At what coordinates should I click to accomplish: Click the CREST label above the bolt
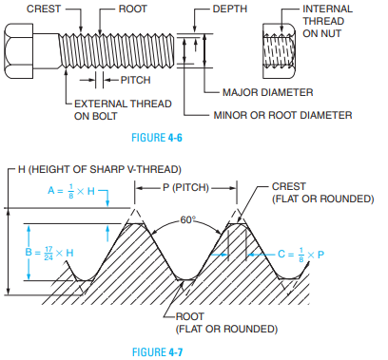pyautogui.click(x=44, y=9)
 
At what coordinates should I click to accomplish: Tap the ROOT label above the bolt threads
pyautogui.click(x=132, y=9)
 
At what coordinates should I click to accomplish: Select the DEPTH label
pyautogui.click(x=230, y=9)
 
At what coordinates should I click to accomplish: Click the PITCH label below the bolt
pyautogui.click(x=135, y=80)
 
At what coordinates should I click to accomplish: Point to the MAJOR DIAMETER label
pyautogui.click(x=268, y=92)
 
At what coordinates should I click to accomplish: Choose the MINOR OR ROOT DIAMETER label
pyautogui.click(x=282, y=115)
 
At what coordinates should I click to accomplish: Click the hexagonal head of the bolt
pyautogui.click(x=18, y=51)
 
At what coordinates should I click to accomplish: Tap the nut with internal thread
pyautogui.click(x=279, y=51)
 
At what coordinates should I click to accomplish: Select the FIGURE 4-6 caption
pyautogui.click(x=157, y=138)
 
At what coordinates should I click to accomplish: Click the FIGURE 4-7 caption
pyautogui.click(x=157, y=352)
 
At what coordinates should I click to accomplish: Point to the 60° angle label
pyautogui.click(x=187, y=219)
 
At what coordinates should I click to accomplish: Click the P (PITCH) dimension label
pyautogui.click(x=185, y=187)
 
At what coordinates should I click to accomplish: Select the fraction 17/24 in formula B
pyautogui.click(x=48, y=254)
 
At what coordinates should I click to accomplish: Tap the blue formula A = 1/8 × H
pyautogui.click(x=71, y=191)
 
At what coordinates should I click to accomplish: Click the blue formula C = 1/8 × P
pyautogui.click(x=301, y=255)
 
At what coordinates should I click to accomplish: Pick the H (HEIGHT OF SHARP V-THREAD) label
pyautogui.click(x=100, y=169)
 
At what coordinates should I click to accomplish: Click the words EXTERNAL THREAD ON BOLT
pyautogui.click(x=123, y=110)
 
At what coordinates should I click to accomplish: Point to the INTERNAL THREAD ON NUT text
pyautogui.click(x=327, y=21)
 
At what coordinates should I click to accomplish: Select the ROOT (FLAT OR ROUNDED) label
pyautogui.click(x=226, y=323)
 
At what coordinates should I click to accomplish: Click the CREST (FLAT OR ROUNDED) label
pyautogui.click(x=323, y=192)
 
